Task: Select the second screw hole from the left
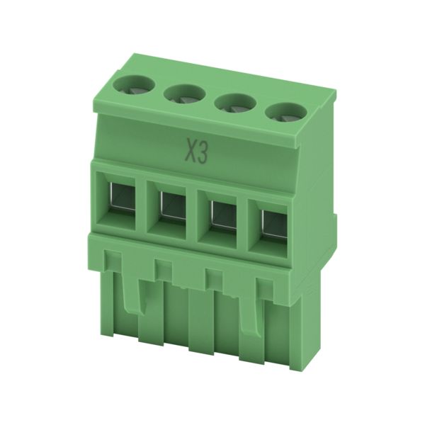(185, 96)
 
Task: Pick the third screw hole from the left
(235, 105)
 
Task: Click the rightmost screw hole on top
(286, 113)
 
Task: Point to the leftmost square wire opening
(122, 196)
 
